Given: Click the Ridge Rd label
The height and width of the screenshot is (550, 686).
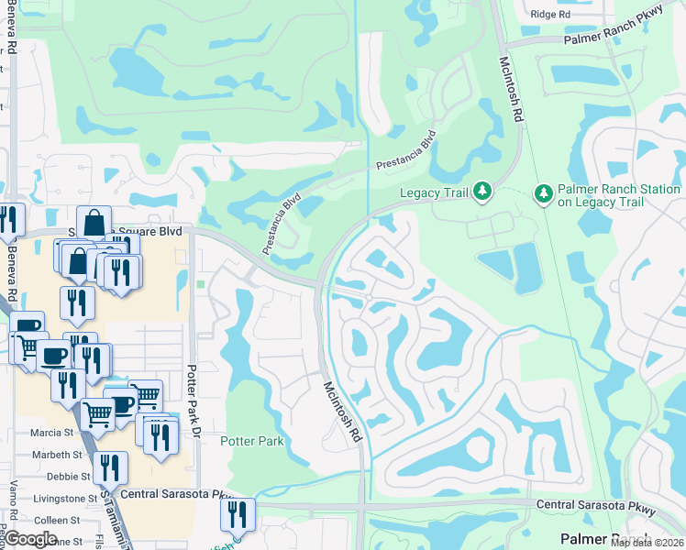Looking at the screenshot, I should click(550, 15).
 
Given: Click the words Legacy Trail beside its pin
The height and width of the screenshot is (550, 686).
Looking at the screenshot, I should click(434, 192).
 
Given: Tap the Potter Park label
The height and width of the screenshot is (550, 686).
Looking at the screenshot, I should click(251, 441).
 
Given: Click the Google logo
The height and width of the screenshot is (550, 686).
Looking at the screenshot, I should click(31, 538).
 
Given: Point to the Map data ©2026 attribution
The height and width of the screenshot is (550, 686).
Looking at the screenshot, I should click(646, 543).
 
